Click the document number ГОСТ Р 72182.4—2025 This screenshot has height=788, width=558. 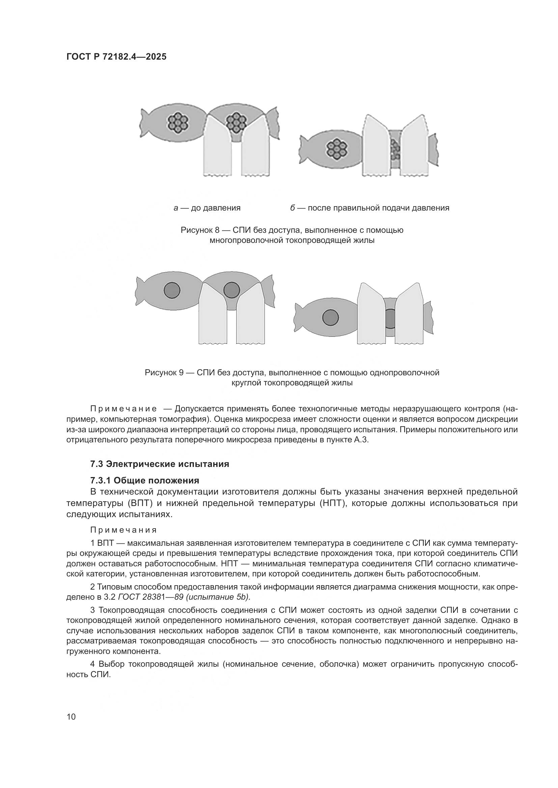pos(116,57)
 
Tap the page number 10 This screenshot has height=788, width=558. pos(71,717)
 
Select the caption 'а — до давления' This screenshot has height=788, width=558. pos(207,208)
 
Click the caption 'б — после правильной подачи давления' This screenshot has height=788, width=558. pos(370,208)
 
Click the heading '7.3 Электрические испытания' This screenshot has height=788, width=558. pos(160,464)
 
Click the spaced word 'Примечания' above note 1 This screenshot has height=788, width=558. pos(123,530)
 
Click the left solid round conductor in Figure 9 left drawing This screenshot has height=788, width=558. pos(172,290)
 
